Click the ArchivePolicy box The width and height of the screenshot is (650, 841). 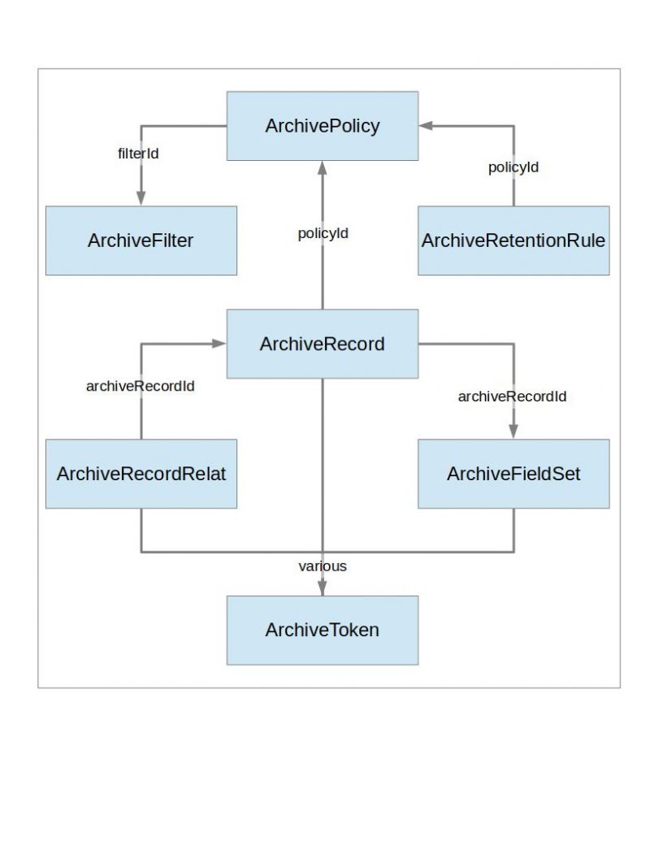(322, 126)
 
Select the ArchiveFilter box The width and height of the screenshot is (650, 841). (141, 241)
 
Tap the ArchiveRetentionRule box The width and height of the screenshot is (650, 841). (513, 241)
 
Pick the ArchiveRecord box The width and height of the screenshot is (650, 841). (322, 344)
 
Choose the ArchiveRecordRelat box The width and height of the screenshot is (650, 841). (141, 474)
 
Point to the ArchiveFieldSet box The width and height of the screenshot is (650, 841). (513, 474)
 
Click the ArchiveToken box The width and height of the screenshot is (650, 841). (322, 630)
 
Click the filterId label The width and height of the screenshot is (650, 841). (139, 153)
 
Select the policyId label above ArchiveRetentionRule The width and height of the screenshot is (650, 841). (513, 167)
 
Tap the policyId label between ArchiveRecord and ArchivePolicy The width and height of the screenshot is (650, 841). (323, 234)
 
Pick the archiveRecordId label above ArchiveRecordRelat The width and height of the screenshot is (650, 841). (140, 387)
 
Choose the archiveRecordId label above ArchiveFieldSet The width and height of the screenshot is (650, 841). (512, 397)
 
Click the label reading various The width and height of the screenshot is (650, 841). (323, 566)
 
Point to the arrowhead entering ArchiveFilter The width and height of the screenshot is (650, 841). (141, 198)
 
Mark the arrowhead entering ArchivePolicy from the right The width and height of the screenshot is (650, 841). (427, 126)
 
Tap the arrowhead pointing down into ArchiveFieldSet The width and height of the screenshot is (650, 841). (513, 431)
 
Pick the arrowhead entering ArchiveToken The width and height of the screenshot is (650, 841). (323, 588)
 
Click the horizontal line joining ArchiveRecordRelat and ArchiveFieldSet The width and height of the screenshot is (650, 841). (227, 553)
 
